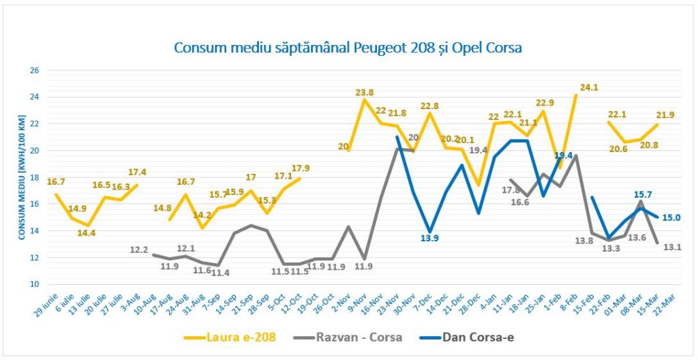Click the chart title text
(x=348, y=48)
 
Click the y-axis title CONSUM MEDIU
(x=22, y=176)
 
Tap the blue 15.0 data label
(x=671, y=218)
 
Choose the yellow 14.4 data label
(x=85, y=233)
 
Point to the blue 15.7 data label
(x=643, y=195)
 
